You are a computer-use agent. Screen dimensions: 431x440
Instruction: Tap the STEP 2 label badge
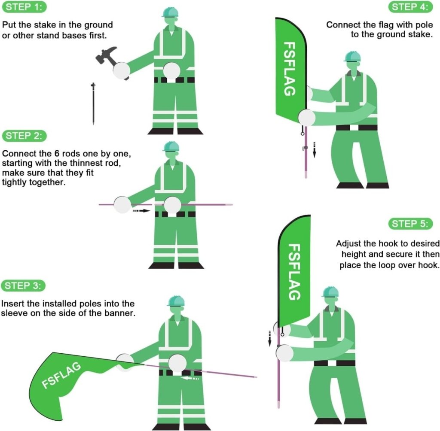(24, 137)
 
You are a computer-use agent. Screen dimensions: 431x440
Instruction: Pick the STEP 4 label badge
(411, 7)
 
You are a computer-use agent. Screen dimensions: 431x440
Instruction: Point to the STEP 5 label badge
(411, 224)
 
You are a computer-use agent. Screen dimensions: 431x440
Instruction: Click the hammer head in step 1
(105, 55)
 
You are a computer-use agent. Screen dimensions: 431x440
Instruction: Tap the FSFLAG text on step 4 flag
(290, 69)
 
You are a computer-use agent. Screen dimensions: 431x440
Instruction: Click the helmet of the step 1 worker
(170, 12)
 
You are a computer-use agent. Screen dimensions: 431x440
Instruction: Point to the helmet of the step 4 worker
(352, 57)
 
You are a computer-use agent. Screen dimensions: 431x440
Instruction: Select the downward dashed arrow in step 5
(270, 337)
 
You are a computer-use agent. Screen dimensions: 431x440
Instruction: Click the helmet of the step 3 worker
(176, 300)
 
